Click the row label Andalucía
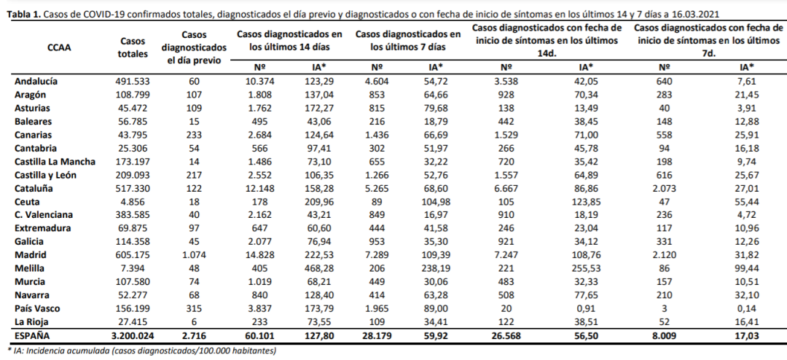[x=36, y=81]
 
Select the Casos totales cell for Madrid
[x=132, y=254]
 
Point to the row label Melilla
[x=30, y=267]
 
